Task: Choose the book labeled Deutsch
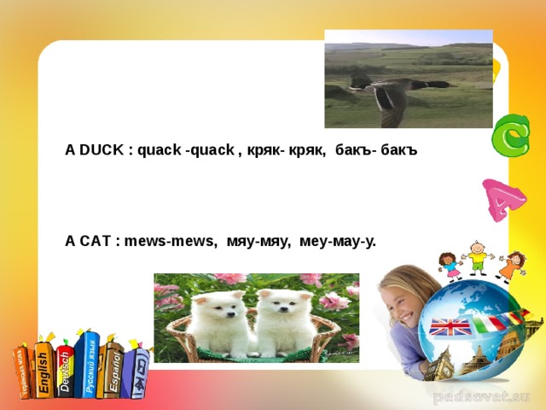tap(65, 363)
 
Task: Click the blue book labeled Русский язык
tap(87, 363)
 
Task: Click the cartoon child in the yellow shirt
tap(478, 256)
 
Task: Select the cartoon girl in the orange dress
tap(513, 265)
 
